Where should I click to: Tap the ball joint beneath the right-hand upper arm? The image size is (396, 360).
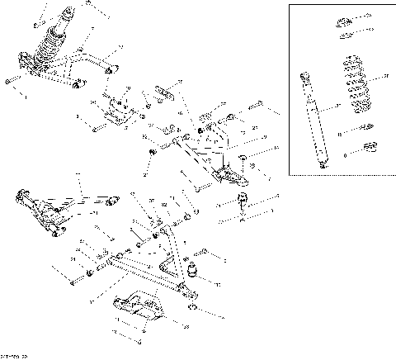243,201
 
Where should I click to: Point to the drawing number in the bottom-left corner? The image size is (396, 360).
15,356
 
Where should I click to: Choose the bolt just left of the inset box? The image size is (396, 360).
256,106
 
